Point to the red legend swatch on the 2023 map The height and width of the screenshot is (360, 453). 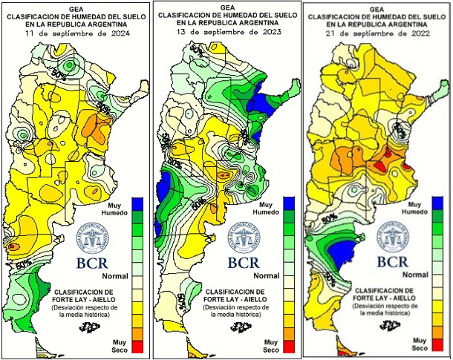pyautogui.click(x=290, y=345)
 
